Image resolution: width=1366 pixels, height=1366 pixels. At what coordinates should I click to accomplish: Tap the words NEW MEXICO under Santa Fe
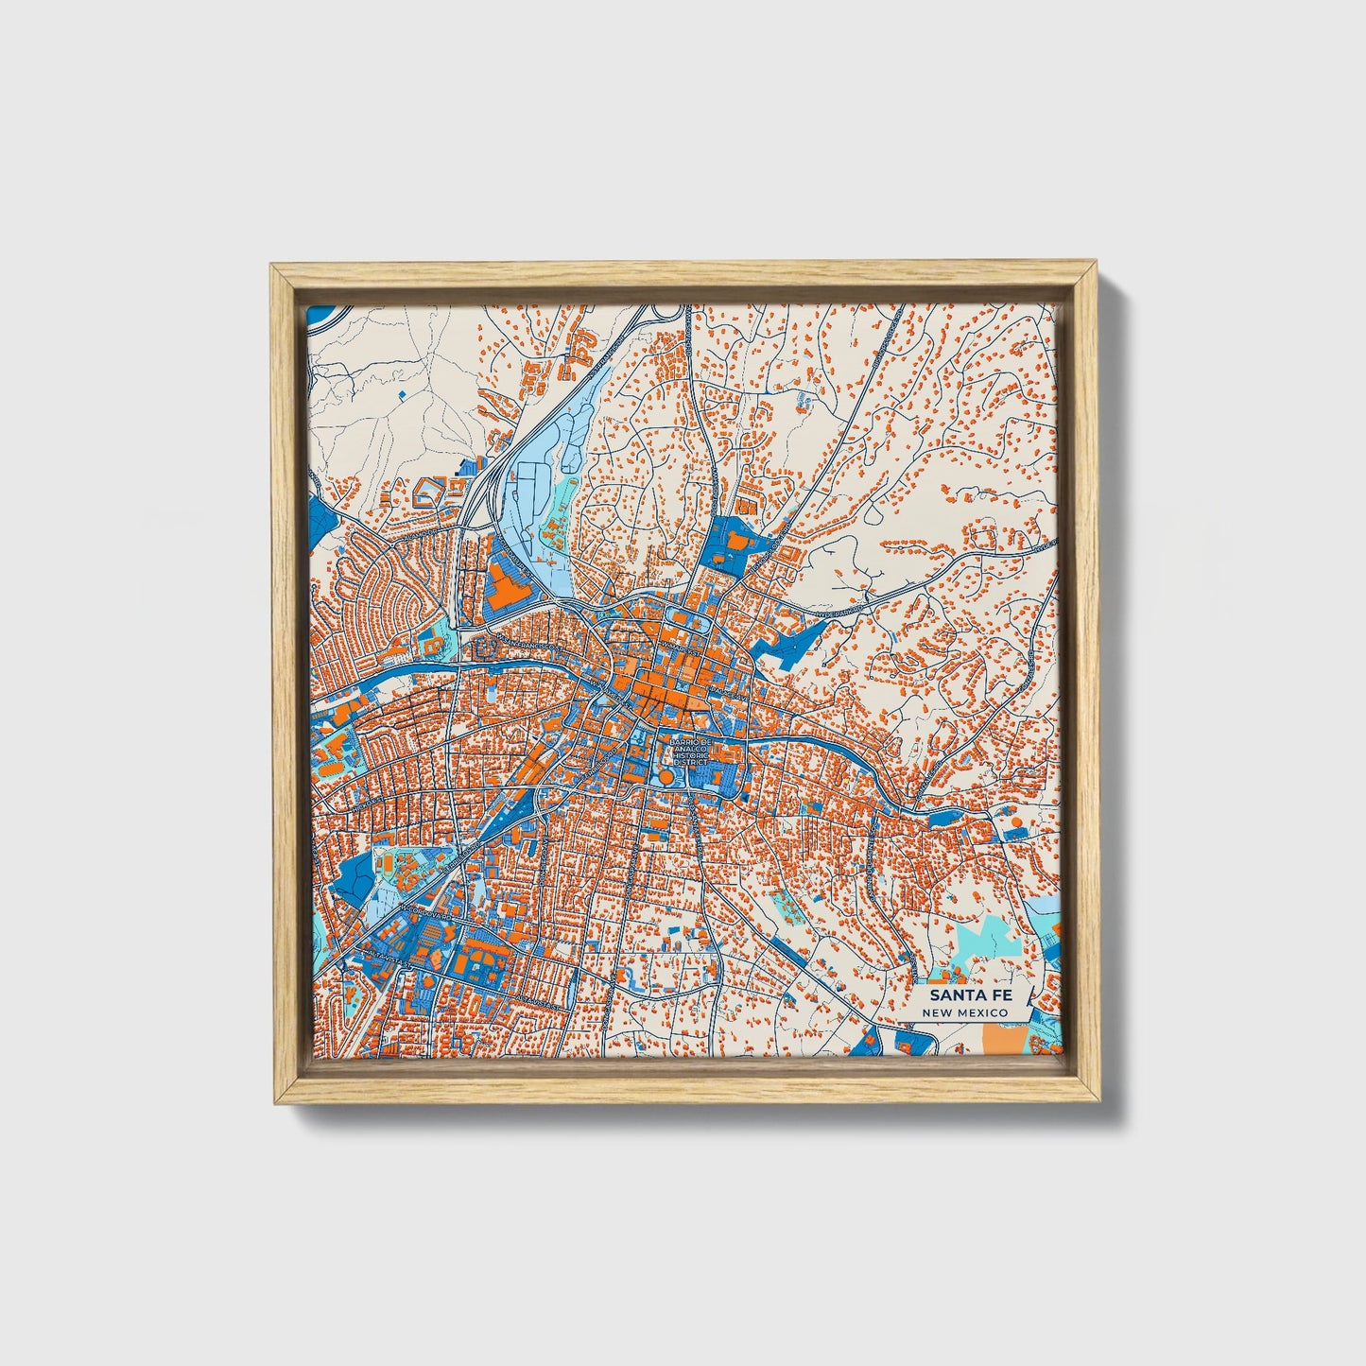965,1012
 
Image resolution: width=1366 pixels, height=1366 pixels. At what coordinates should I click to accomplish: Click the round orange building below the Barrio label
666,776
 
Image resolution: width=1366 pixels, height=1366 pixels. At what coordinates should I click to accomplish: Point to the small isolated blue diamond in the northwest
402,390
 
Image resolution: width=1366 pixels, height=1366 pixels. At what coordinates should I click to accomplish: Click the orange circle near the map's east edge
1017,822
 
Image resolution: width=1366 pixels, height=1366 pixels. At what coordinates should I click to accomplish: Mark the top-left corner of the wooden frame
271,266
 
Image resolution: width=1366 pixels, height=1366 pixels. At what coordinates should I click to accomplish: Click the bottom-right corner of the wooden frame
1101,1102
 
